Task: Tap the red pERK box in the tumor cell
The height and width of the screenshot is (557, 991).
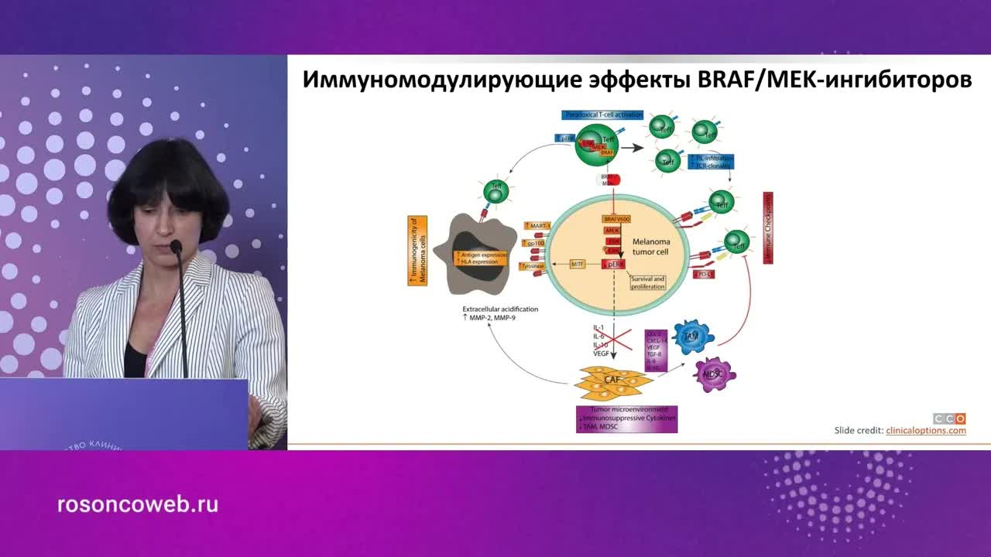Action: [x=615, y=265]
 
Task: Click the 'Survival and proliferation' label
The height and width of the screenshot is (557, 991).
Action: [x=647, y=282]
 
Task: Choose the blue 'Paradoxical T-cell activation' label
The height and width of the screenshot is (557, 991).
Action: [x=603, y=114]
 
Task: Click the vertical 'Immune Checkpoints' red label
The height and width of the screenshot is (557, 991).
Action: [x=768, y=228]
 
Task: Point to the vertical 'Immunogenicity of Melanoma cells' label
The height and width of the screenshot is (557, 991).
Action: [x=417, y=251]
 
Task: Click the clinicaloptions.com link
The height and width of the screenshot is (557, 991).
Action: [x=926, y=430]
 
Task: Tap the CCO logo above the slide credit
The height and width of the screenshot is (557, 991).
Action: [x=949, y=418]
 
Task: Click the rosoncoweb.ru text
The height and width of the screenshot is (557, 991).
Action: [x=138, y=505]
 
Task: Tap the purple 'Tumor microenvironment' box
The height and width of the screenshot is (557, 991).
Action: [x=626, y=419]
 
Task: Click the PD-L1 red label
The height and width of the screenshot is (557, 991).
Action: [x=704, y=275]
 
